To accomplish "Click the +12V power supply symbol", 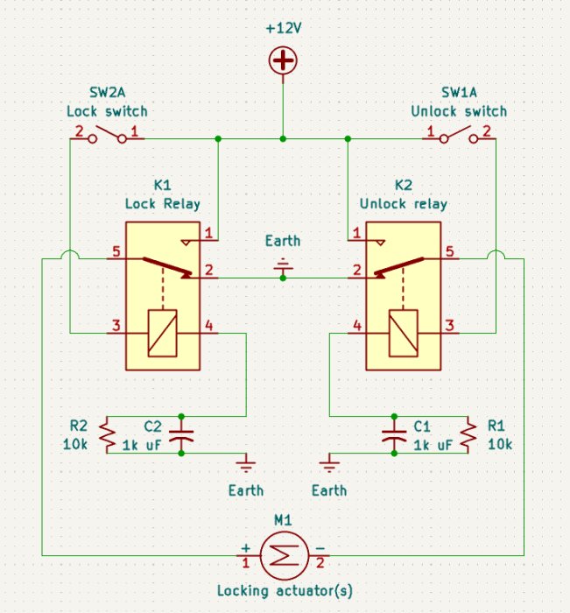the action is coord(283,60).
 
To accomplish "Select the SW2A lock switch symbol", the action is coord(107,135).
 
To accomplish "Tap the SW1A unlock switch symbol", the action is coord(459,135).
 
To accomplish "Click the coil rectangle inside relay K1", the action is coord(162,333).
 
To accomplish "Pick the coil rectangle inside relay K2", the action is coord(404,333).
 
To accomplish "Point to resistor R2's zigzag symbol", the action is coord(107,434).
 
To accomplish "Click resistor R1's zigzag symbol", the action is coord(468,434).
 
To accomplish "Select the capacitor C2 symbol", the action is coord(181,435).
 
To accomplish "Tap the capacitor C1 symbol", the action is coord(394,435).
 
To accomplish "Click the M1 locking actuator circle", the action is coord(285,555).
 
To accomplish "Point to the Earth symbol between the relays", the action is coord(283,266).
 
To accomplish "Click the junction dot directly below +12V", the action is coord(283,138).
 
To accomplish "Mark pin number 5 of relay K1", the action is coord(116,251).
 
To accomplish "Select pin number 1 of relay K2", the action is coord(356,233).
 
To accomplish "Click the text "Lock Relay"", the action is coord(163,204).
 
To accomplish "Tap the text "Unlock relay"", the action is coord(404,204).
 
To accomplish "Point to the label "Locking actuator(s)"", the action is coord(285,590).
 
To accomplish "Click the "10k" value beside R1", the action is coord(500,444).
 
